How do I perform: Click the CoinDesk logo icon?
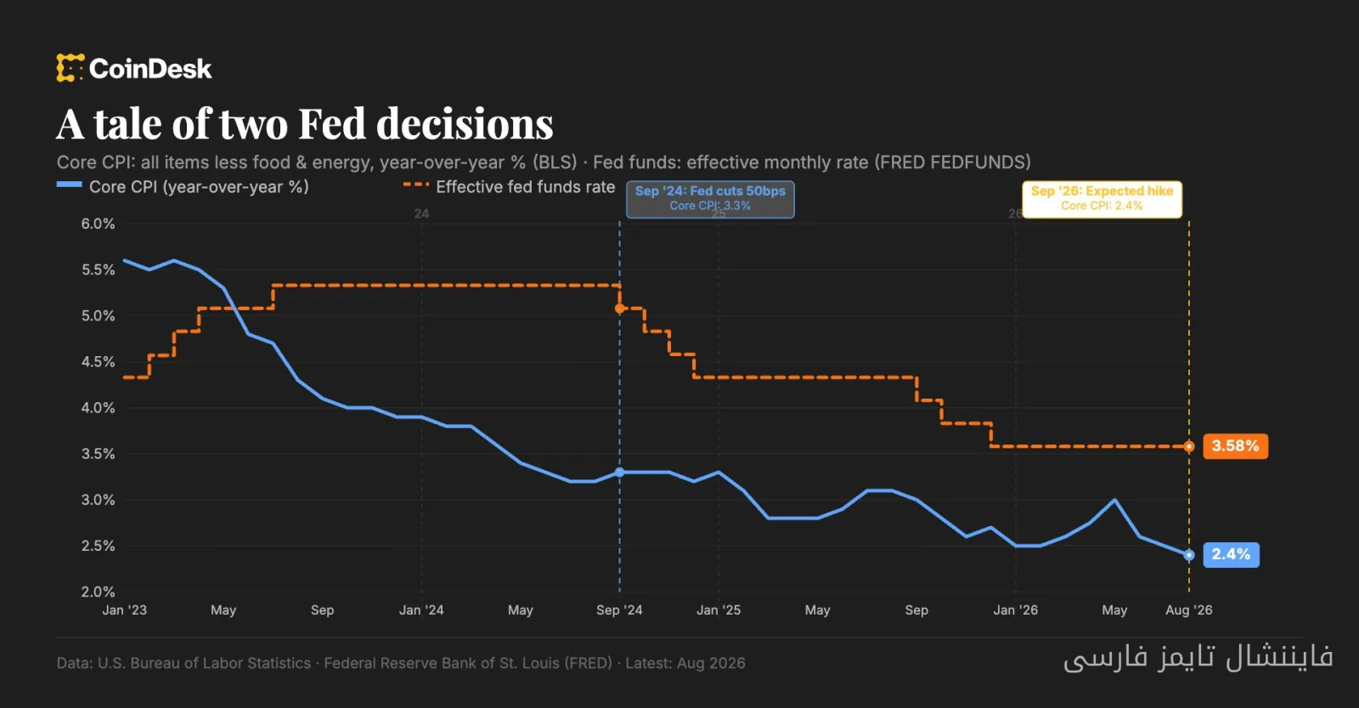point(70,68)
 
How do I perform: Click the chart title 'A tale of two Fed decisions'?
point(305,124)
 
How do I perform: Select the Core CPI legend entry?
point(183,186)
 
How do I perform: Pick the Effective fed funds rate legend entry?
point(510,186)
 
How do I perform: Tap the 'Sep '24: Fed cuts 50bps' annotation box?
point(710,199)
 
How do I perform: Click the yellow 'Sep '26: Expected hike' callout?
point(1102,199)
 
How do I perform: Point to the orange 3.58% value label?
point(1235,446)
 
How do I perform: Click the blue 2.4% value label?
point(1231,554)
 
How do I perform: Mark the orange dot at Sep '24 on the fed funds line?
point(619,309)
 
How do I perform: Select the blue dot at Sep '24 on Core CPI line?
point(619,472)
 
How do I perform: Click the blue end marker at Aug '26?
point(1189,554)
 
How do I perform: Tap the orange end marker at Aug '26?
point(1189,446)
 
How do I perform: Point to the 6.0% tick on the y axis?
point(99,224)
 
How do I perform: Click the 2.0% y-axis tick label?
point(99,592)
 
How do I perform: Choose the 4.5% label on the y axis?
point(99,361)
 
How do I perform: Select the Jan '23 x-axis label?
point(124,609)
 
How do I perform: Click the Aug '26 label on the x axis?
point(1188,609)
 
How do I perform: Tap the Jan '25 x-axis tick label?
point(719,609)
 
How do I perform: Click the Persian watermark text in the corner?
point(1198,657)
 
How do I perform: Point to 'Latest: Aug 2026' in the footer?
point(685,663)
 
